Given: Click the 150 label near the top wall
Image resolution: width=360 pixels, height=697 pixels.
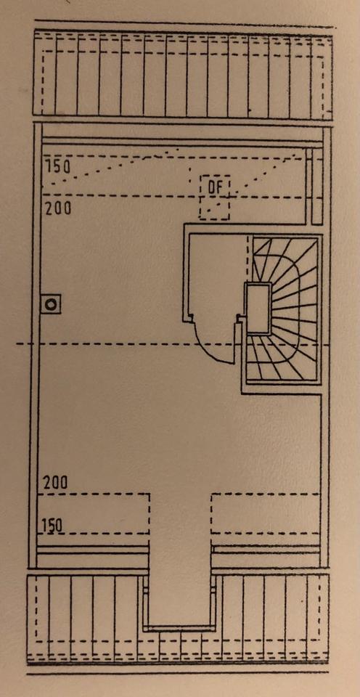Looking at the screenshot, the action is coord(59,167).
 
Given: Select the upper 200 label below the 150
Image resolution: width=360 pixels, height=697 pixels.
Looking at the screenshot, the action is coord(58,208).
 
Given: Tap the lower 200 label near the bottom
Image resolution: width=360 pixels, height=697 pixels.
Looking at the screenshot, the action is coord(56,483).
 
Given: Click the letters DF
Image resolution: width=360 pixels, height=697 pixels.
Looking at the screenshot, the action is coord(215,187).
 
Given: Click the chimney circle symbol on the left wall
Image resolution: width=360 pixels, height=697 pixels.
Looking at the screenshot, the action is coord(51,304).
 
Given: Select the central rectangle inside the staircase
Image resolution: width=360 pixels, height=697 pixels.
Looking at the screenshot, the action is coord(258,308).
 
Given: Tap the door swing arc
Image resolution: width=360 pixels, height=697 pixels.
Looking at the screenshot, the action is coord(213,348).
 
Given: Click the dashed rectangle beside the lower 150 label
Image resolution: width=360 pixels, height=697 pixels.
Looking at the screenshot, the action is coord(94,513).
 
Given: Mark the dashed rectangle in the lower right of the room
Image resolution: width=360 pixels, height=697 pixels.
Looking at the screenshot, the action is coord(266,513).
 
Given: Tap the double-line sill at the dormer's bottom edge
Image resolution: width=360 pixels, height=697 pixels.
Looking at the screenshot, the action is coord(179,627).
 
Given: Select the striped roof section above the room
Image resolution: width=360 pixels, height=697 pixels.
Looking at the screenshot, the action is coord(183,73).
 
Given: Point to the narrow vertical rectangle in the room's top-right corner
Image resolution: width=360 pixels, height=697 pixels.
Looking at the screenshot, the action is coord(317,187).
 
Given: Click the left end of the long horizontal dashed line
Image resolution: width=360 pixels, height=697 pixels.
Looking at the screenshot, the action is coord(17,343).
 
